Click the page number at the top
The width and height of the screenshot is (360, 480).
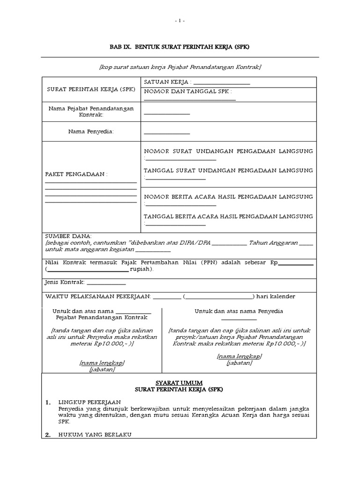(180, 21)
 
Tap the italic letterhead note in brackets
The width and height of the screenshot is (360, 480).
(180, 67)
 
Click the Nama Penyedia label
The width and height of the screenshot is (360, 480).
(91, 132)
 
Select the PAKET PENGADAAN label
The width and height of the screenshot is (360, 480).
(76, 174)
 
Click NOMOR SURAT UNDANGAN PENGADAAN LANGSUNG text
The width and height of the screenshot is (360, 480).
(228, 151)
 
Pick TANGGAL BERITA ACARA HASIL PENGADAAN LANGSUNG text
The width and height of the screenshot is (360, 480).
(228, 217)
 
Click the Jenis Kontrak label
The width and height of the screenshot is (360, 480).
(64, 283)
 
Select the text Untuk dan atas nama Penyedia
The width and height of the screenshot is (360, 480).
(239, 311)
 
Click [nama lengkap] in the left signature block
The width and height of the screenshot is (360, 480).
(102, 363)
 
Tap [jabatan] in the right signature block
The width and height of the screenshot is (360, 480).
(239, 363)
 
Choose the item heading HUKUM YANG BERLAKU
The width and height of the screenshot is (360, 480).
(95, 435)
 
